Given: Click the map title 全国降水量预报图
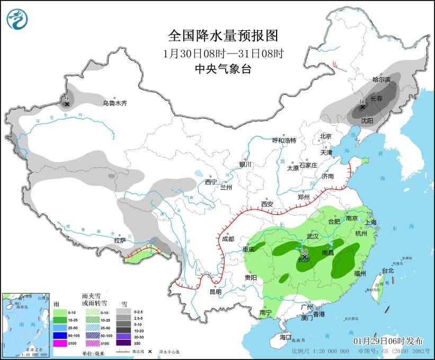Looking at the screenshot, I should (223, 36).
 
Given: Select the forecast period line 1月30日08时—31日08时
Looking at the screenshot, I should (223, 54).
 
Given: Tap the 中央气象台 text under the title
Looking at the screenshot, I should (223, 69).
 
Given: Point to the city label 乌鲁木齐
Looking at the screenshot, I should (115, 103).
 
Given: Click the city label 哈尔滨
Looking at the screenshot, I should (381, 80).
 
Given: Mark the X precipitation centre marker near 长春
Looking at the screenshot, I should (363, 107).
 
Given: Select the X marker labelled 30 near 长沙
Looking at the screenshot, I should (304, 256).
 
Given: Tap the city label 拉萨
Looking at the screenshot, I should (120, 240).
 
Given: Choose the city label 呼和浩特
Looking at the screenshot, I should (284, 141).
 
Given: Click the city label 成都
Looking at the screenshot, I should (228, 239).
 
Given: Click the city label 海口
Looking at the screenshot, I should (286, 337).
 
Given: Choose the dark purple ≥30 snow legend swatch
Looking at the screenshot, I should (126, 344).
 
